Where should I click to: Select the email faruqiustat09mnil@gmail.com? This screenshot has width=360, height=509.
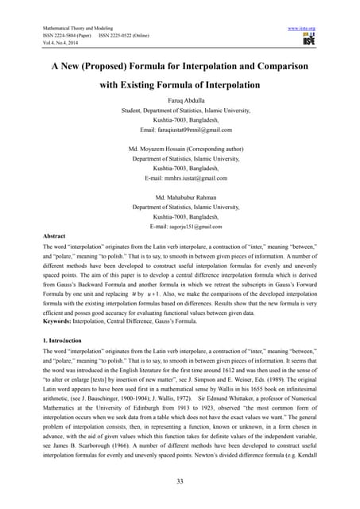tap(185, 129)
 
